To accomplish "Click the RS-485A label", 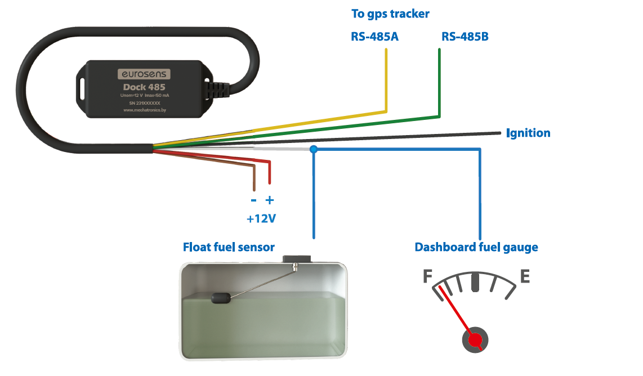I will pyautogui.click(x=374, y=37).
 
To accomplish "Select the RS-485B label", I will pyautogui.click(x=465, y=37).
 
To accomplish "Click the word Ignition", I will pyautogui.click(x=528, y=133).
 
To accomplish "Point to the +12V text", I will pyautogui.click(x=261, y=218).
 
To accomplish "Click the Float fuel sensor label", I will pyautogui.click(x=229, y=247).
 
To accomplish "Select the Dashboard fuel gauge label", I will pyautogui.click(x=476, y=247).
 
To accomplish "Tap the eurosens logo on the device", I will pyautogui.click(x=144, y=74).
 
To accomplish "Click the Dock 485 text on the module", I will pyautogui.click(x=144, y=87).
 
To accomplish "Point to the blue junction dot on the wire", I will pyautogui.click(x=314, y=149).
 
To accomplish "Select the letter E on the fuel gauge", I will pyautogui.click(x=525, y=276).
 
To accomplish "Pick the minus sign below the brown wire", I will pyautogui.click(x=253, y=200).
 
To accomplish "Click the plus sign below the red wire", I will pyautogui.click(x=270, y=200).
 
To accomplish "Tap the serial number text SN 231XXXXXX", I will pyautogui.click(x=145, y=104).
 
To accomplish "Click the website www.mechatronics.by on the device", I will pyautogui.click(x=145, y=111).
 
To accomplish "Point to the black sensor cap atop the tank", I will pyautogui.click(x=297, y=259).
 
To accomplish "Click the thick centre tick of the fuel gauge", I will pyautogui.click(x=475, y=281).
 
